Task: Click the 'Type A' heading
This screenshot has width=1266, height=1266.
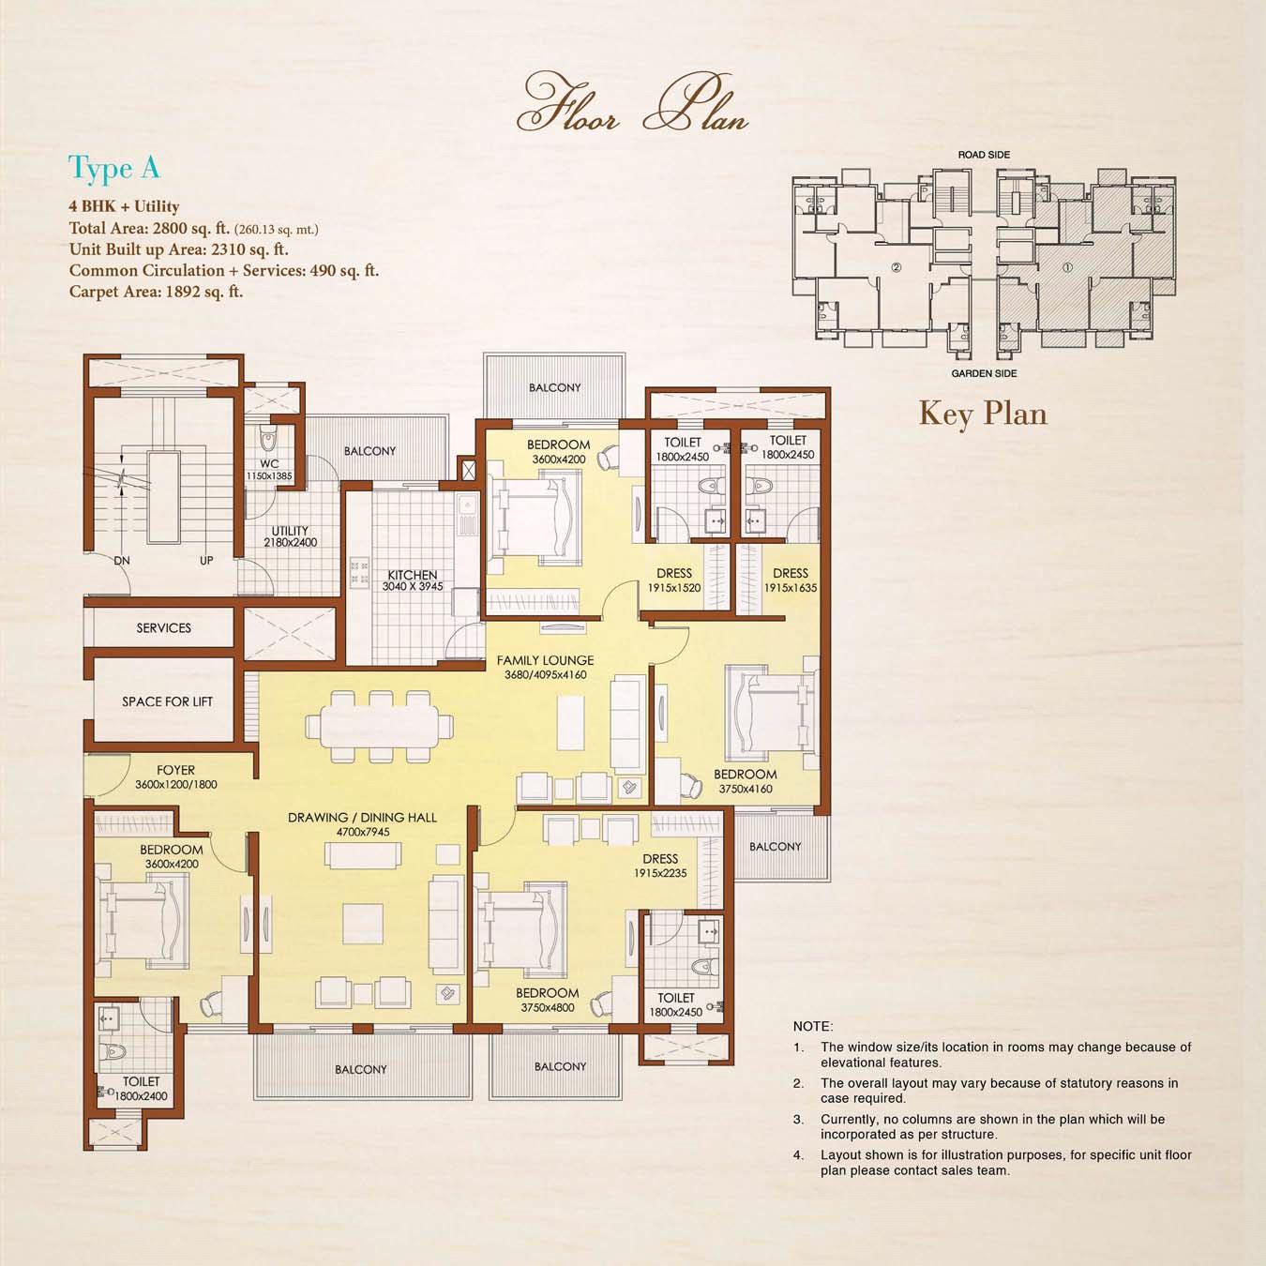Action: tap(113, 169)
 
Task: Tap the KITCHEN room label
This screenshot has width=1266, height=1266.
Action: tap(413, 575)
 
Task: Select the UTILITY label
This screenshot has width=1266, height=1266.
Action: tap(290, 531)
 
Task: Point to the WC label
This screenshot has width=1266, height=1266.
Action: tap(269, 464)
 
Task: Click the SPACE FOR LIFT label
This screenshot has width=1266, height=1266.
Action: tap(167, 701)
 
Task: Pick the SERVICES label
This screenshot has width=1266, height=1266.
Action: tap(163, 628)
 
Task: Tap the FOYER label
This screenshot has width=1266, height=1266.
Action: tap(175, 770)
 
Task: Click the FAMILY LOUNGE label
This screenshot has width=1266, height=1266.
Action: tap(545, 660)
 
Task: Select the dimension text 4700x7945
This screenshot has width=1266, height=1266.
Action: tap(363, 832)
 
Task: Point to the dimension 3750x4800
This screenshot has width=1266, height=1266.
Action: tap(548, 1008)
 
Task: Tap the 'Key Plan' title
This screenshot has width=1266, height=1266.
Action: tap(983, 414)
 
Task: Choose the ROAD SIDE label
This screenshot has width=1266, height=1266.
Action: tap(984, 155)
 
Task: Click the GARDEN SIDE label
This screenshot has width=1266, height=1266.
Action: tap(984, 374)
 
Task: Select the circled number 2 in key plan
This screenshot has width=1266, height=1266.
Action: tap(897, 267)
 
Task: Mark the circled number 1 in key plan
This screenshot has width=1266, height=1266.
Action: tap(1067, 267)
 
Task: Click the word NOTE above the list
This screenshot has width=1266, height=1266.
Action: tap(813, 1026)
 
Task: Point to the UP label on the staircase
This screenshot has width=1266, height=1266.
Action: tap(206, 561)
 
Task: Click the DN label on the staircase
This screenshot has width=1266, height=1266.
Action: tap(122, 561)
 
